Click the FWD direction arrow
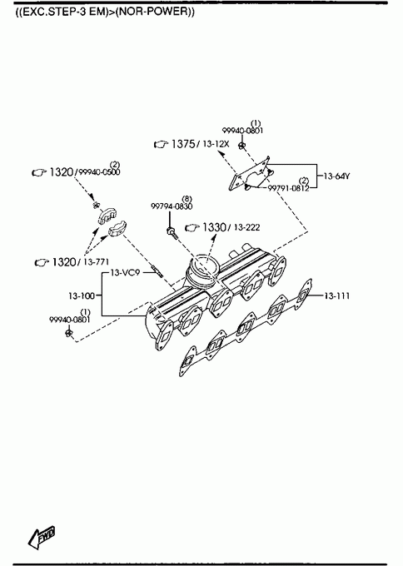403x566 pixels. [x=41, y=537]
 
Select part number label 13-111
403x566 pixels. [x=337, y=296]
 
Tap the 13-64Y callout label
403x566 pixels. [x=336, y=176]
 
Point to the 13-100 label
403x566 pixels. [x=82, y=296]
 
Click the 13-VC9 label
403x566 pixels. [x=125, y=273]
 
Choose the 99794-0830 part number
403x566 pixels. [x=172, y=206]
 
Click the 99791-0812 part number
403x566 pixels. [x=288, y=188]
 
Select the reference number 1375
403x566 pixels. [x=183, y=144]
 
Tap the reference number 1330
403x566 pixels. [x=214, y=227]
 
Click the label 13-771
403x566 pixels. [x=96, y=262]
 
